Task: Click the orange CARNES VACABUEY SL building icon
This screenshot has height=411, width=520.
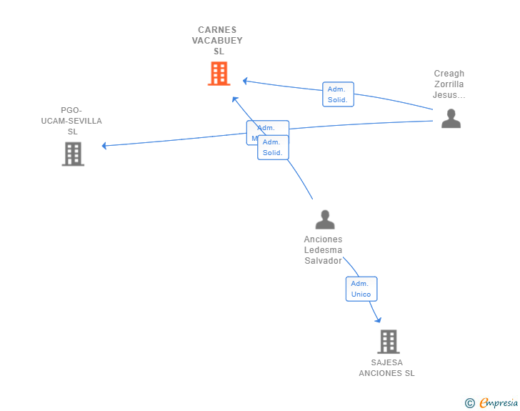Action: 219,73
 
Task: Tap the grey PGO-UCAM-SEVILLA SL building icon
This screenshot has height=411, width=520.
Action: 73,154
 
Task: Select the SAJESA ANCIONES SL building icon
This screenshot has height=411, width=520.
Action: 388,342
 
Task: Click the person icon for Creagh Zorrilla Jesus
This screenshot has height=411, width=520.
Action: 451,118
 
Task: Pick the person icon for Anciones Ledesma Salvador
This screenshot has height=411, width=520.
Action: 325,219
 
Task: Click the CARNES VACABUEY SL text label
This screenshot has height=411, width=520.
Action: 217,41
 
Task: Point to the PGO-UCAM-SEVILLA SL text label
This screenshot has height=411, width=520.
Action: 71,121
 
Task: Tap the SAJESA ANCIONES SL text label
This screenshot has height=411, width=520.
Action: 386,368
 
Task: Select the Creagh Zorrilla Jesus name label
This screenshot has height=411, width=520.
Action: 449,84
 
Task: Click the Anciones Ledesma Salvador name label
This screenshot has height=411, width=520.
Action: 323,250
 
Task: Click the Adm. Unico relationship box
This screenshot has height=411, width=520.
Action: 361,289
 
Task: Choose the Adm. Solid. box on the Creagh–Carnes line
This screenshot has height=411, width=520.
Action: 338,94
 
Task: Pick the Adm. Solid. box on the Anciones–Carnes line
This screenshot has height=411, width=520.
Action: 273,147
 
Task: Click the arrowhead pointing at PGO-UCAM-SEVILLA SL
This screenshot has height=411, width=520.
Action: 104,146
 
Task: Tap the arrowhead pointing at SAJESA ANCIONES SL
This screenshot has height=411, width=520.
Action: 378,320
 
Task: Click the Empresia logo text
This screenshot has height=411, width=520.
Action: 498,403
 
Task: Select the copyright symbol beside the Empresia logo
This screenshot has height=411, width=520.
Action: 469,403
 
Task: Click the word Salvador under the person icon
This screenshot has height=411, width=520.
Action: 323,261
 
